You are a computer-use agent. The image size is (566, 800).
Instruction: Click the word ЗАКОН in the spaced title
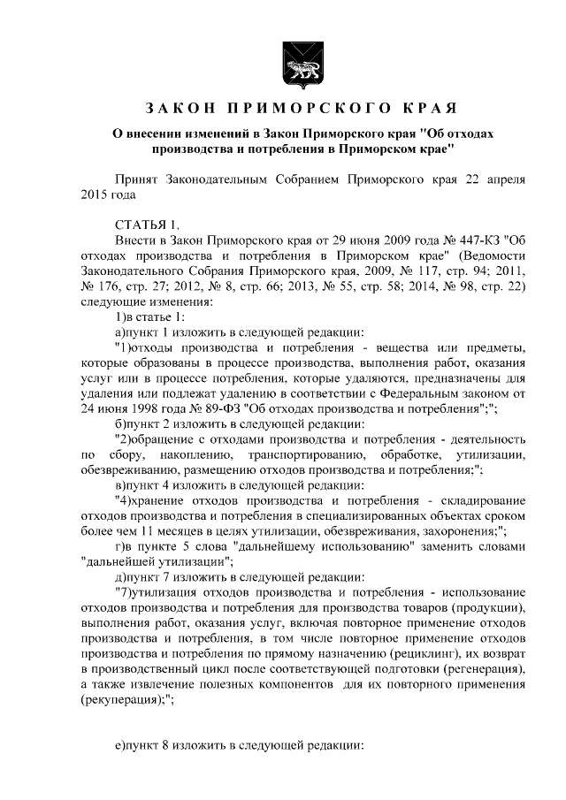(180, 110)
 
